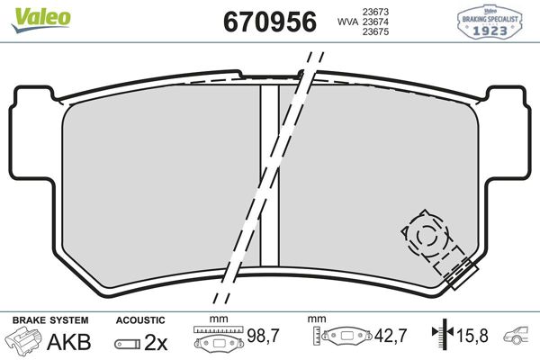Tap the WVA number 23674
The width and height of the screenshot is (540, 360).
[374, 23]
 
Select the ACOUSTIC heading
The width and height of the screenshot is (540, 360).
[140, 319]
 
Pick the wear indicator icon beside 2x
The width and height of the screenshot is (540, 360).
[127, 342]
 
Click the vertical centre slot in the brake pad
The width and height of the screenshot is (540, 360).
[269, 175]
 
